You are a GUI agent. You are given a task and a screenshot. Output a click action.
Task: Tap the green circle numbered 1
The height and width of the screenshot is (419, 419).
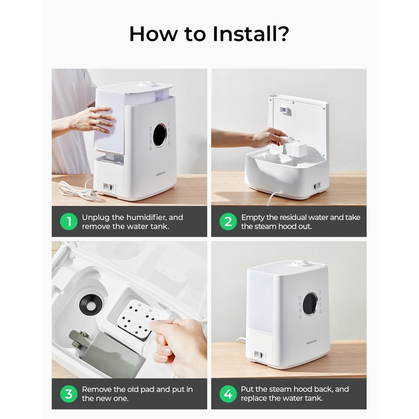click(69, 222)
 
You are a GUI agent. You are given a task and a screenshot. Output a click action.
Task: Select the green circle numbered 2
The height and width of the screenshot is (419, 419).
click(228, 222)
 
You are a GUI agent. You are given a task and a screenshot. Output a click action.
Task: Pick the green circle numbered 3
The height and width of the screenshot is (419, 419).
click(69, 394)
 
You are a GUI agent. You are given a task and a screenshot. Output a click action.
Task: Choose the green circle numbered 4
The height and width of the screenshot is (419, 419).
click(228, 394)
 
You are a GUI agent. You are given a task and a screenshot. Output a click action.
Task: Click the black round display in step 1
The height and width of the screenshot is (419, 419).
click(160, 135)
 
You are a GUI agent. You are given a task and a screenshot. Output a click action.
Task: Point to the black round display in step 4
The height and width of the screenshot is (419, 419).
click(311, 304)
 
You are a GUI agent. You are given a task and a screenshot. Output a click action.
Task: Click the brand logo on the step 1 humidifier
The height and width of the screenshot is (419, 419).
click(161, 173)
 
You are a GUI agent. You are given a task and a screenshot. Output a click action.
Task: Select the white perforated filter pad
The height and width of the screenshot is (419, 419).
click(137, 317)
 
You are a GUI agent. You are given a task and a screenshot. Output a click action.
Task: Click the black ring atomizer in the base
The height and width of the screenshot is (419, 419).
click(91, 304)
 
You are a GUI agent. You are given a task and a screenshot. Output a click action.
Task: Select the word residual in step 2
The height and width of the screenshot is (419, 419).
click(292, 217)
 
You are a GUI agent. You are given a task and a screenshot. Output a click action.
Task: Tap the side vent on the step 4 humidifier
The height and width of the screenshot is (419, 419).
click(258, 355)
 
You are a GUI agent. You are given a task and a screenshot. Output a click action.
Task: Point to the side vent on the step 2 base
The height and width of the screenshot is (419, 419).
click(317, 186)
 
